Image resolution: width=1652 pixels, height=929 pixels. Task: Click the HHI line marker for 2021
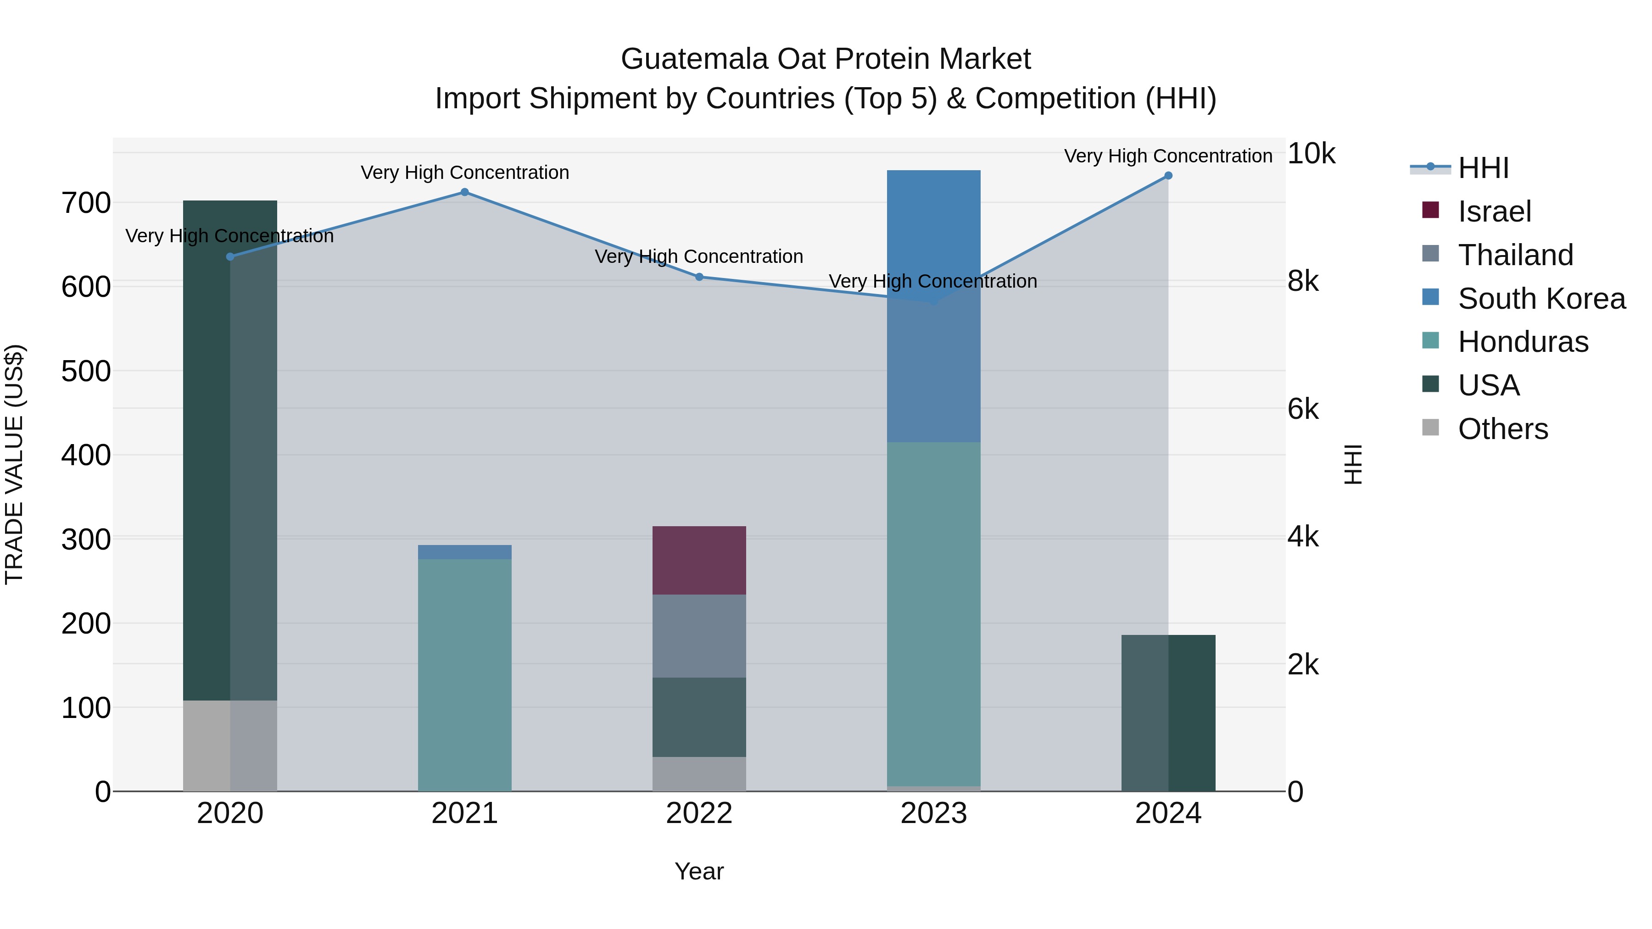464,192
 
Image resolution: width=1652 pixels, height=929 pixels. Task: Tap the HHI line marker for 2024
1168,176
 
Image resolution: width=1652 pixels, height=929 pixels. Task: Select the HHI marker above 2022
699,277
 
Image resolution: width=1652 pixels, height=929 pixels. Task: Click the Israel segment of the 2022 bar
699,560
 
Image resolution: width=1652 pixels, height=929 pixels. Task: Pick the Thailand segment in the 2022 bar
699,636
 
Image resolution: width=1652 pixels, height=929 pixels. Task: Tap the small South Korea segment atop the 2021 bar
464,552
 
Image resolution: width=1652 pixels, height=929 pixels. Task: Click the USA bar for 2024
1168,713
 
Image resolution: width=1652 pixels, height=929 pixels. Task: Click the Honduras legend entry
1523,342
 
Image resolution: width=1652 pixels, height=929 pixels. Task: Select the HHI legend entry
1483,168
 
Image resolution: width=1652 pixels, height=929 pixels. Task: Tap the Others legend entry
1502,429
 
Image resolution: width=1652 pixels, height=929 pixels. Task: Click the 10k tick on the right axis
1311,154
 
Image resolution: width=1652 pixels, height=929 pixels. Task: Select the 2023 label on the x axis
933,813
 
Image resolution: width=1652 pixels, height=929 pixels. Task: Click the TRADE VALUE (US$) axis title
14,464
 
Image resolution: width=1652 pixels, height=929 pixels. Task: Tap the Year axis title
699,871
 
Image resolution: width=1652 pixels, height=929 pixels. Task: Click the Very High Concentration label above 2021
464,172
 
